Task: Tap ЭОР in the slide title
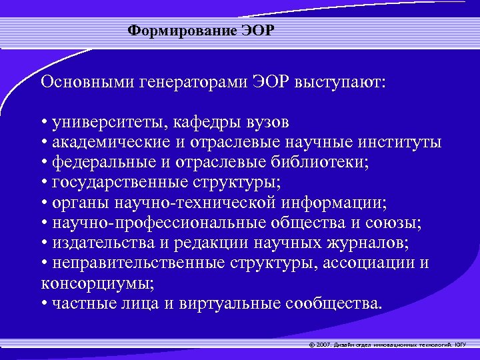(261, 31)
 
